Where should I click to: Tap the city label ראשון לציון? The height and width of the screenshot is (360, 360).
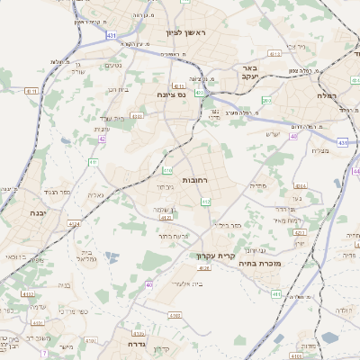tap(186, 32)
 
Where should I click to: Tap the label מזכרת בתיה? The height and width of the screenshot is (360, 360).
tap(287, 264)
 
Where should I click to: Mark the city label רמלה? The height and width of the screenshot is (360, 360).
tap(325, 94)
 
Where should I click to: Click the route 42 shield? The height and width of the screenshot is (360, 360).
tap(103, 139)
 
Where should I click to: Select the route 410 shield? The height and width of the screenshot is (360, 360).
tap(167, 169)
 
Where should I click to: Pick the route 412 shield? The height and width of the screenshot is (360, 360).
tap(206, 202)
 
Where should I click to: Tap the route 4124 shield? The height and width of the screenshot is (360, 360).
tap(74, 224)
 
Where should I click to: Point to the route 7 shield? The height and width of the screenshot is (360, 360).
tap(43, 353)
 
